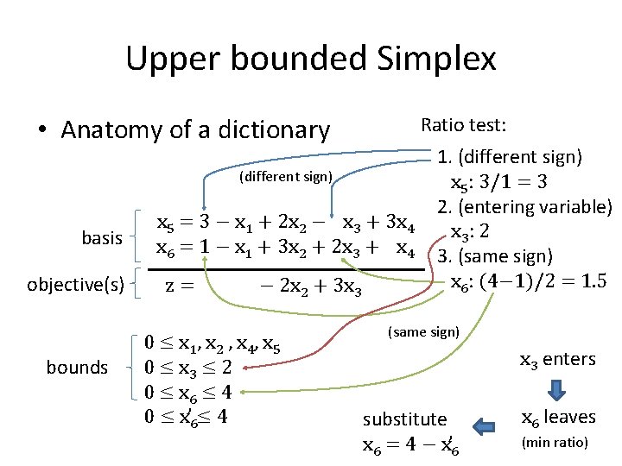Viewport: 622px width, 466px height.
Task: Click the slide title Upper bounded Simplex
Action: click(x=311, y=59)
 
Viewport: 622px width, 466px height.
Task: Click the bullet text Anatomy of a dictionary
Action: click(x=195, y=130)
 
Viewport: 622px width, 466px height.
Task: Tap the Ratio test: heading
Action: click(x=463, y=125)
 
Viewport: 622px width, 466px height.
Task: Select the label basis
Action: click(x=102, y=237)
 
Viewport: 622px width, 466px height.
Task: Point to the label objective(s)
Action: click(x=75, y=283)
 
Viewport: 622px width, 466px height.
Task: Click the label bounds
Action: click(x=77, y=368)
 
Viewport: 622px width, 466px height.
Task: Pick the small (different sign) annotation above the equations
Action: click(x=285, y=177)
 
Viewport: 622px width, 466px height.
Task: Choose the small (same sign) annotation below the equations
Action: click(x=423, y=331)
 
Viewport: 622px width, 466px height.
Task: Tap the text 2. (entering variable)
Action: click(x=524, y=206)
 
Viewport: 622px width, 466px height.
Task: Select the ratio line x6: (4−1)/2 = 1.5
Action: click(x=528, y=281)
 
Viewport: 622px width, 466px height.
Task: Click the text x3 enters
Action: click(x=557, y=360)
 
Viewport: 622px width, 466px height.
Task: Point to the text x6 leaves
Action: click(x=557, y=417)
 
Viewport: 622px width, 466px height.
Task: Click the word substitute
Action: click(x=404, y=419)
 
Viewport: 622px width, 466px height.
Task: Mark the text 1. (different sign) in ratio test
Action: click(x=510, y=157)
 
